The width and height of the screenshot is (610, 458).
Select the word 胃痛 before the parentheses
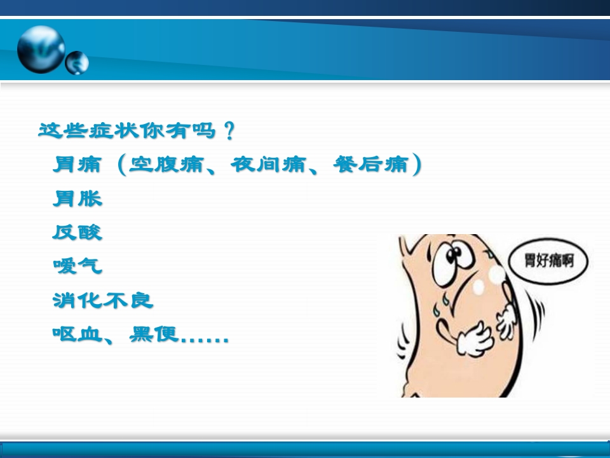click(x=77, y=165)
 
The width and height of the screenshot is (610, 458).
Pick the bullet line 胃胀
click(x=77, y=198)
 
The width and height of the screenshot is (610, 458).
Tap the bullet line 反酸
click(x=77, y=232)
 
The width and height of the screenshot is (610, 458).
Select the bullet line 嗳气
click(x=77, y=266)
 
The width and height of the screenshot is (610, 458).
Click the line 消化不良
click(x=103, y=300)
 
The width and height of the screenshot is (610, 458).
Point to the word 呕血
click(x=77, y=333)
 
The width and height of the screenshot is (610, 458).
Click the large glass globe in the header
click(x=41, y=49)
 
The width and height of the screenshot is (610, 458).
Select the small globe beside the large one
click(x=77, y=62)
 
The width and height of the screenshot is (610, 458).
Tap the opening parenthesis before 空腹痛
click(x=121, y=165)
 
